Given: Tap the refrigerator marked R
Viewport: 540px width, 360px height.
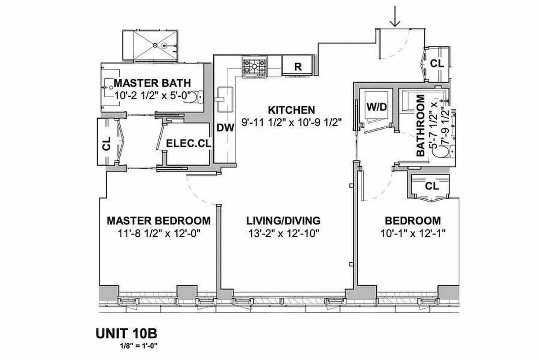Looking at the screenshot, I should tap(297, 66).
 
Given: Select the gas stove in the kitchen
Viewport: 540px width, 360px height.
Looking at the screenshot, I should tap(254, 67).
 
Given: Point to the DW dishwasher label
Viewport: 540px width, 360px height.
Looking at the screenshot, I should tap(225, 128).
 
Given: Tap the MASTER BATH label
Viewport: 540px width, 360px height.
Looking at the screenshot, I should tap(152, 83).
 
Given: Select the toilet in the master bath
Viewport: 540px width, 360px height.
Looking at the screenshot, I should tap(198, 96).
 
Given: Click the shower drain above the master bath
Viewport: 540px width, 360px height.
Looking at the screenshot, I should tap(155, 45).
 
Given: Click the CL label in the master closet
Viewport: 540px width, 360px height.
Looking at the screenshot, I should tap(107, 146).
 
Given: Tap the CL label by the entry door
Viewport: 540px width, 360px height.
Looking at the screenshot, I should tap(436, 64).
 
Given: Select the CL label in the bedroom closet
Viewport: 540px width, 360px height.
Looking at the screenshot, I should tap(432, 185).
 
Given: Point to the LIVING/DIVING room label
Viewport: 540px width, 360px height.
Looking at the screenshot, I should tap(283, 221).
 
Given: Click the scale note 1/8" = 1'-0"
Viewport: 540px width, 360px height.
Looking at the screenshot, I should tap(139, 346).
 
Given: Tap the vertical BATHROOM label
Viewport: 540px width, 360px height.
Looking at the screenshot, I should tap(421, 125).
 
